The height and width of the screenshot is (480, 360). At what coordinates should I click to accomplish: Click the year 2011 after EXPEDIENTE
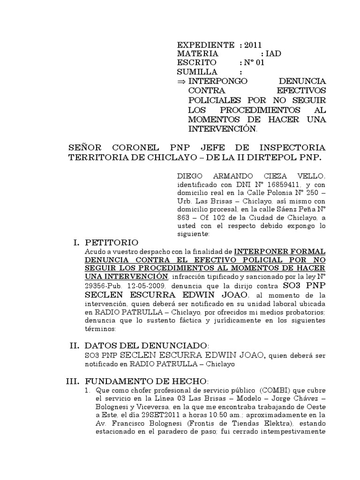(253, 45)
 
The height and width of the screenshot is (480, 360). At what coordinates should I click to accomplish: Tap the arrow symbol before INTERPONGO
(181, 81)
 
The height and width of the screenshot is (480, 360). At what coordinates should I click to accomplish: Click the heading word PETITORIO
(112, 242)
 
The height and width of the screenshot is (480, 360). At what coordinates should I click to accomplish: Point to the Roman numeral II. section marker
(75, 346)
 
